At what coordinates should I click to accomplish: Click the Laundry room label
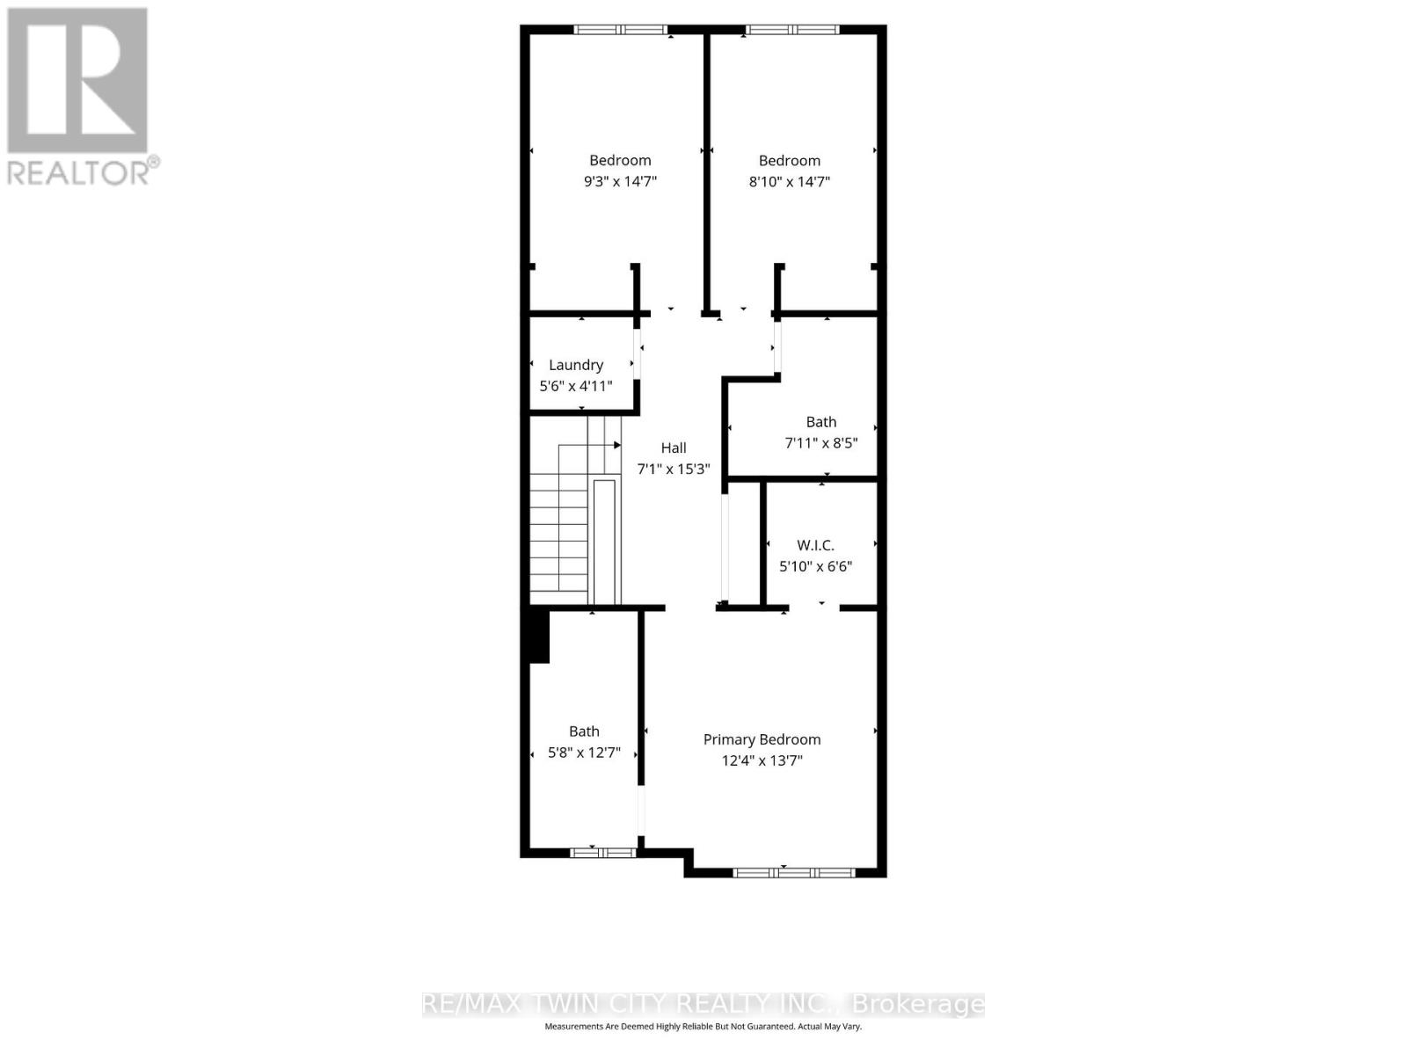coord(576,365)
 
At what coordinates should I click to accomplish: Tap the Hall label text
coord(674,447)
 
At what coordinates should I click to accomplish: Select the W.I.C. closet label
coord(815,545)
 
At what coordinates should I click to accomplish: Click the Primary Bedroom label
coord(762,739)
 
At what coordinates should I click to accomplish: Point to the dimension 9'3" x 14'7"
coord(621,182)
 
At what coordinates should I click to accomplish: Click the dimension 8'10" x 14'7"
coord(790,182)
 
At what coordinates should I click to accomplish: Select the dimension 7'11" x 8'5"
coord(821,443)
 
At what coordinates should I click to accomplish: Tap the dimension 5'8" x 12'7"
coord(584,753)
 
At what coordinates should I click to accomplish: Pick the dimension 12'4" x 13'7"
coord(762,760)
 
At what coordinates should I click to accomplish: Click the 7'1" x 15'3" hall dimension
coord(674,469)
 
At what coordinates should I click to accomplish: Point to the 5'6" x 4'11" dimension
coord(576,386)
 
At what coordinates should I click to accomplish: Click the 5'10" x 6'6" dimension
coord(815,567)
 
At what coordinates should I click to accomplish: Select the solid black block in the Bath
coord(538,637)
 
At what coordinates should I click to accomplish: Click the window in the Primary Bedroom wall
coord(793,873)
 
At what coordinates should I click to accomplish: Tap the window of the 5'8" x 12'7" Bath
coord(603,852)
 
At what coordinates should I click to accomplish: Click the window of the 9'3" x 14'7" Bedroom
coord(621,30)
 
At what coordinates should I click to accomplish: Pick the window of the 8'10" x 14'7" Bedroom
coord(792,30)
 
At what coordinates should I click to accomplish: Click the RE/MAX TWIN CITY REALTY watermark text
coord(703,1004)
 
